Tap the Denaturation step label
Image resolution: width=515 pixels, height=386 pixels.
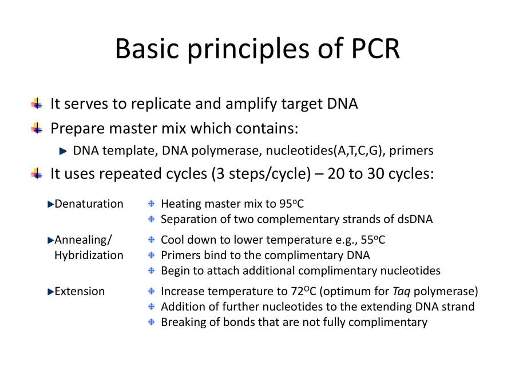(89, 204)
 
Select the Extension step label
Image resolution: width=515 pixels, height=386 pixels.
(80, 292)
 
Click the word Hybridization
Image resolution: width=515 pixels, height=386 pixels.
(89, 255)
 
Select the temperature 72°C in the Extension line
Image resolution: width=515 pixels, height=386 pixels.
(304, 292)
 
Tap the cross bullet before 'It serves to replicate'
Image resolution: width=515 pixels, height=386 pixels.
(37, 104)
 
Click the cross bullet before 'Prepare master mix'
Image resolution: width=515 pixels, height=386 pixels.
(37, 128)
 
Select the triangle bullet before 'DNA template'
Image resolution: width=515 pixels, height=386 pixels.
(63, 151)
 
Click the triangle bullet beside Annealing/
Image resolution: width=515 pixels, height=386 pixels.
(50, 240)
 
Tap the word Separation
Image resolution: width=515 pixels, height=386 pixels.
(187, 219)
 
